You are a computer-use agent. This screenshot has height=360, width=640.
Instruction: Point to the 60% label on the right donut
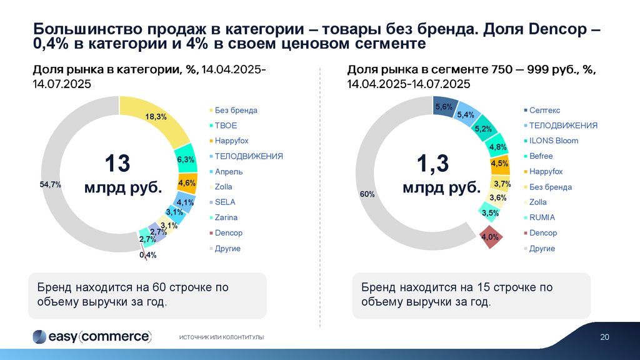click(367, 194)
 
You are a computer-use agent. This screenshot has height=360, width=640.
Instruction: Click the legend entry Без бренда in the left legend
click(236, 110)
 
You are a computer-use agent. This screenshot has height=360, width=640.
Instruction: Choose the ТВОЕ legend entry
click(226, 126)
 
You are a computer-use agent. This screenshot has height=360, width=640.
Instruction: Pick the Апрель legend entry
click(229, 171)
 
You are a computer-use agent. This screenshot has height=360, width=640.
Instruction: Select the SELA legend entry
click(225, 202)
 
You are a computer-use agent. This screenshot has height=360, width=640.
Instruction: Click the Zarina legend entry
click(226, 217)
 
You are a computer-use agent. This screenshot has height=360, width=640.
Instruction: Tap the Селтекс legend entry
click(544, 110)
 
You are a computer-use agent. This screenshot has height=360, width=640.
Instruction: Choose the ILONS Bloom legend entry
click(554, 141)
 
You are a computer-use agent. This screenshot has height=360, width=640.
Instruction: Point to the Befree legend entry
click(541, 156)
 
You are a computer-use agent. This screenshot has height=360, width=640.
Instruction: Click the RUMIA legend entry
click(542, 217)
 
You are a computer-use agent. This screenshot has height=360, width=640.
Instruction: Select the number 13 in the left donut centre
click(117, 164)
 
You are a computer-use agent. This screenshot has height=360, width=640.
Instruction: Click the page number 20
click(604, 337)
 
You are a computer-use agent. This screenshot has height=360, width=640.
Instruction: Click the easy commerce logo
click(92, 336)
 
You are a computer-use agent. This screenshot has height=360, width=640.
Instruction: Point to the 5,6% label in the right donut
click(443, 107)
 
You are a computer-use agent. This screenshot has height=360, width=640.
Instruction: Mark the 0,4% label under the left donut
click(148, 255)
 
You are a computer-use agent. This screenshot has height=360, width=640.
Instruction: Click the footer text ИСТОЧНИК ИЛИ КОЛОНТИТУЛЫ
click(221, 337)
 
